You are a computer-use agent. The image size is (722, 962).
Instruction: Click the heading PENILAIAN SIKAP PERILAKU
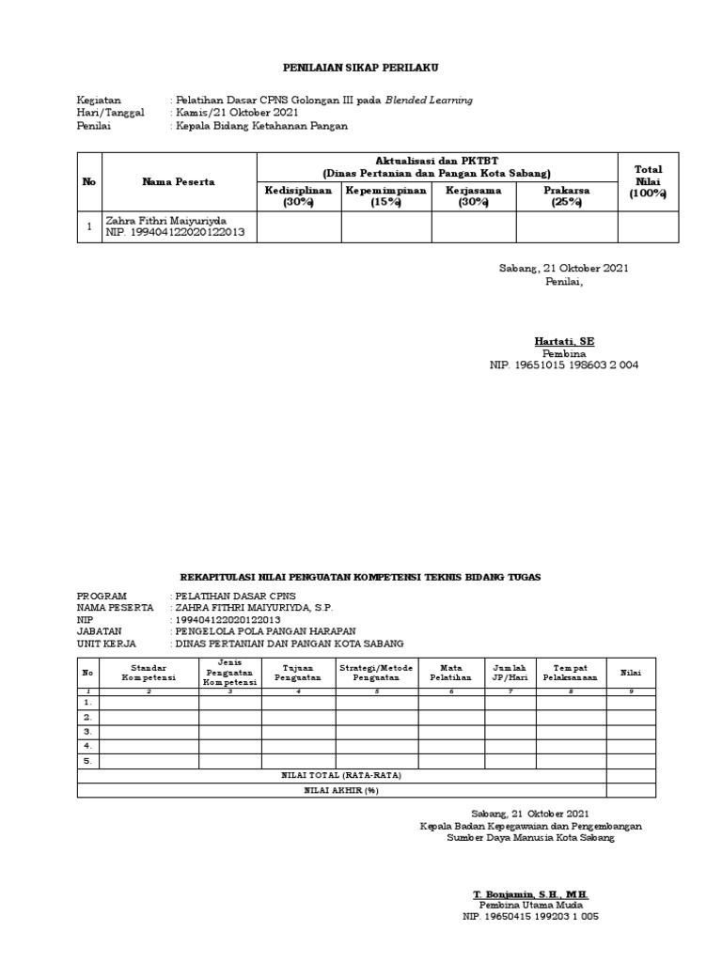[x=362, y=69]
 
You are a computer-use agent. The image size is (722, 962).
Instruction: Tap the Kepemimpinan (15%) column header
[x=385, y=195]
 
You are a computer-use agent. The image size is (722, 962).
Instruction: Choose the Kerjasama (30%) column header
[x=474, y=195]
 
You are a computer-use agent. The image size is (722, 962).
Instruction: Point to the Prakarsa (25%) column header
[x=567, y=195]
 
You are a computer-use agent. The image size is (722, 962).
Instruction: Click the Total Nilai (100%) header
[x=648, y=181]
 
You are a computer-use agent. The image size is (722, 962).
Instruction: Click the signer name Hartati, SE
[x=564, y=340]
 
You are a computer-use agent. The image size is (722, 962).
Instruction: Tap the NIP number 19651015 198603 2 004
[x=564, y=365]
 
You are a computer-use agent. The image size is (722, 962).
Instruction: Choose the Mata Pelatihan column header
[x=450, y=672]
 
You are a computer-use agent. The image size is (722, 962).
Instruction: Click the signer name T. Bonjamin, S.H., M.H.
[x=531, y=892]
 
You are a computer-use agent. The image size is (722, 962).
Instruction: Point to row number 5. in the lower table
[x=88, y=761]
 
